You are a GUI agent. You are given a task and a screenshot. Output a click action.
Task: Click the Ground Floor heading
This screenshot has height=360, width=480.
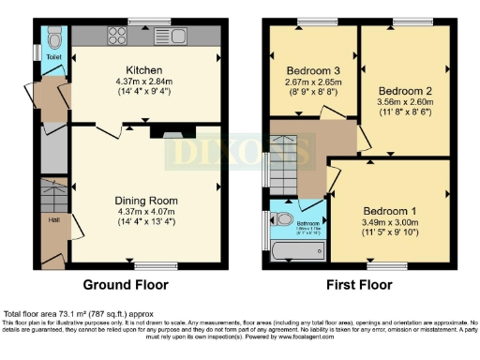(x=127, y=284)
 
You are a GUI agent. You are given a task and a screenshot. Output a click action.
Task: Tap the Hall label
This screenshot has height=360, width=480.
(x=52, y=220)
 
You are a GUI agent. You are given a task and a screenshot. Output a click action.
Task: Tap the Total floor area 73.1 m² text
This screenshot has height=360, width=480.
(x=75, y=312)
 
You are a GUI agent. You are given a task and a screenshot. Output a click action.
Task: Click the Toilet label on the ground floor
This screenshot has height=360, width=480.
(x=52, y=56)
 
